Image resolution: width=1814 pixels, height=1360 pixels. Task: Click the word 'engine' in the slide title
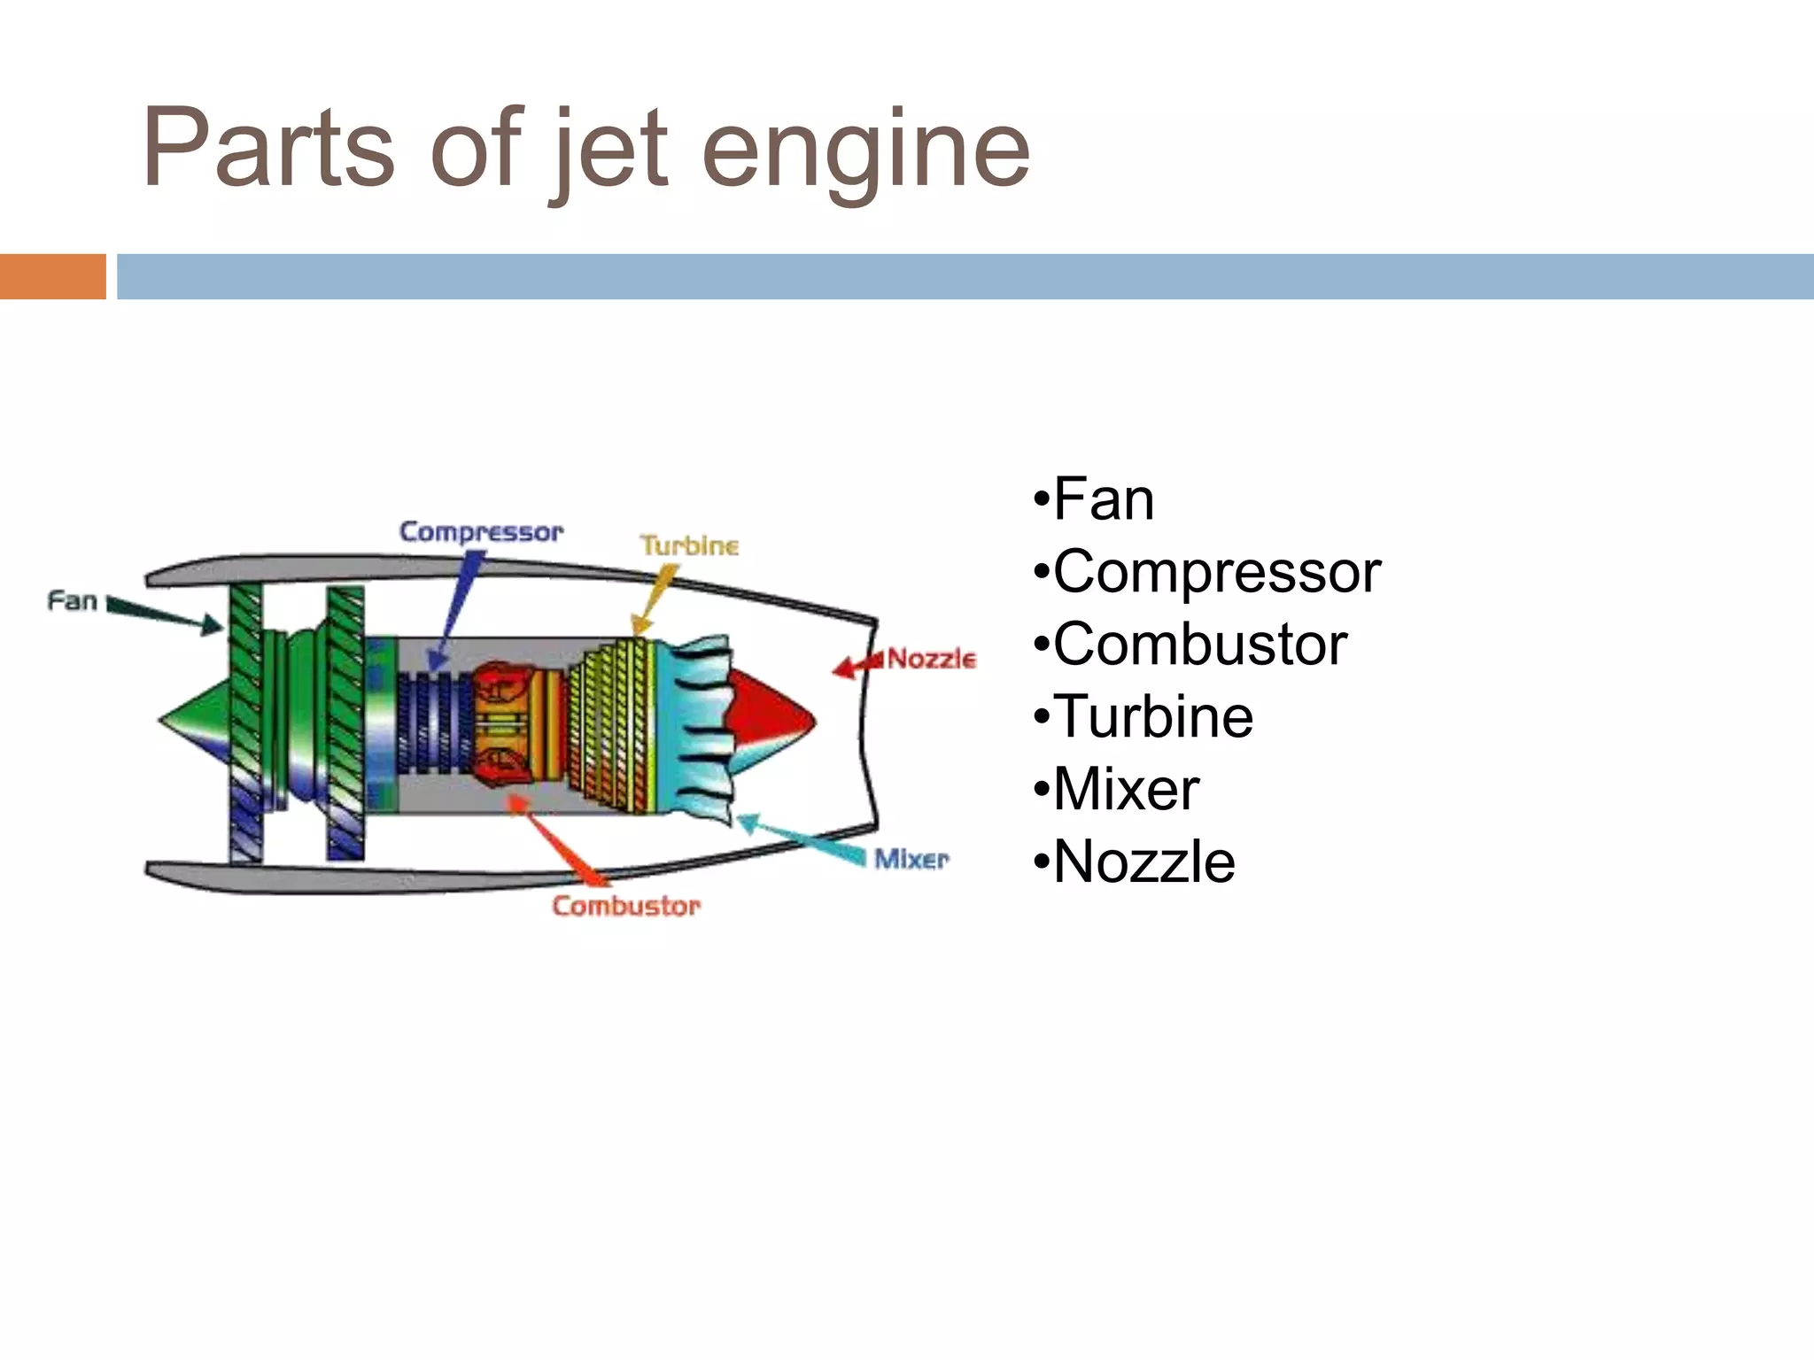point(865,151)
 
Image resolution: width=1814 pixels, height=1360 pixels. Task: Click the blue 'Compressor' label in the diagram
point(481,532)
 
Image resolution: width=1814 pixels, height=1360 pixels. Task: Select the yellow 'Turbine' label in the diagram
point(689,545)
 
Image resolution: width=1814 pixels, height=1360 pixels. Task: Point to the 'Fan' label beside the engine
point(72,601)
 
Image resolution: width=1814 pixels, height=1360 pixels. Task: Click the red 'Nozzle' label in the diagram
point(931,659)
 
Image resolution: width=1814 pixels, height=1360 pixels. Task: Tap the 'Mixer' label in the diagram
point(911,859)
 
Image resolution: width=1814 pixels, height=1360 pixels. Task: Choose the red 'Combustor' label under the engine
point(626,906)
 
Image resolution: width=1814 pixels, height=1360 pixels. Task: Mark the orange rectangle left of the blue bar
point(52,276)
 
